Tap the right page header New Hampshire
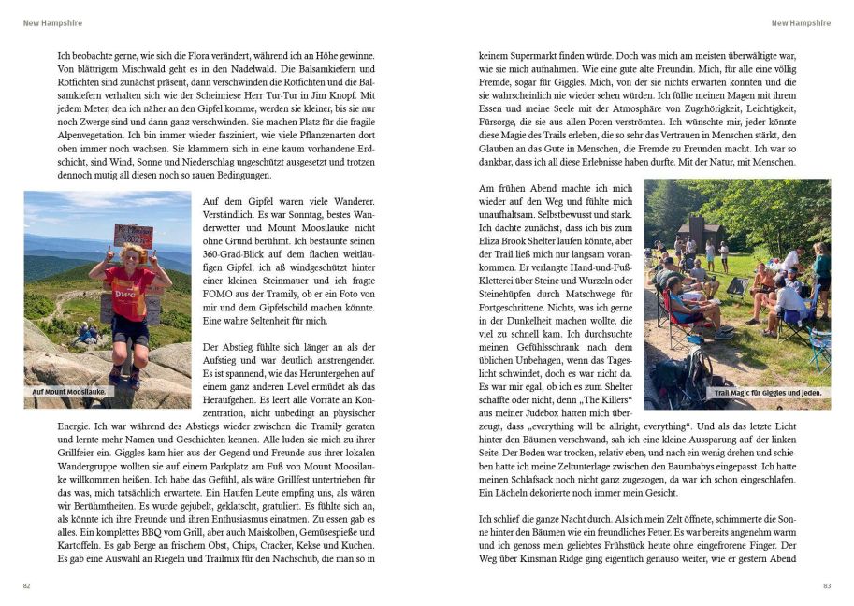click(x=801, y=23)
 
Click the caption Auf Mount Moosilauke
click(x=68, y=392)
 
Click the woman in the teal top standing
click(x=821, y=271)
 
